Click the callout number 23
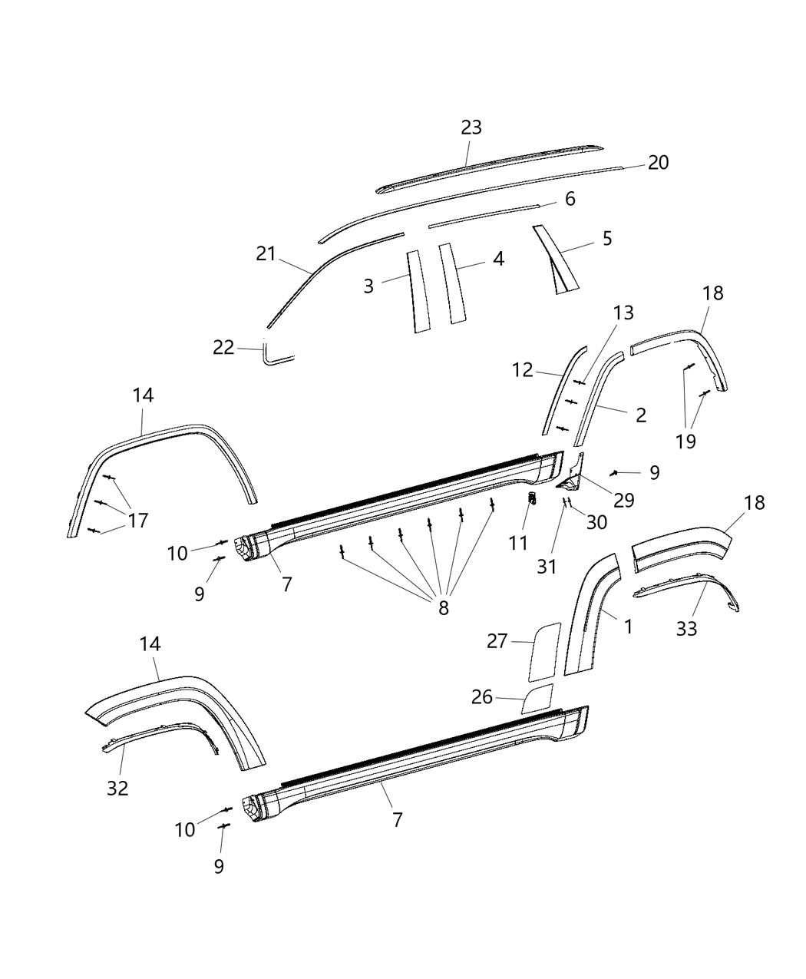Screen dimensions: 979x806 [x=471, y=127]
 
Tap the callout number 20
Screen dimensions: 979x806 [x=658, y=163]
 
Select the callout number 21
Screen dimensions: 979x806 [x=266, y=254]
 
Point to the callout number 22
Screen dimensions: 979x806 [x=223, y=348]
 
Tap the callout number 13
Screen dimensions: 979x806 [x=623, y=313]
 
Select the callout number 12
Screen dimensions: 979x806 [x=523, y=370]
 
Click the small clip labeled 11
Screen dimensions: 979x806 [x=531, y=499]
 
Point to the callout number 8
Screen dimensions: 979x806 [x=443, y=608]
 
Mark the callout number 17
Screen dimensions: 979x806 [x=137, y=521]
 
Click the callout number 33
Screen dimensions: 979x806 [x=686, y=629]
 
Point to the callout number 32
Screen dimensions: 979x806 [x=117, y=788]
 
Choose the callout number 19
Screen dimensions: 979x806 [x=685, y=441]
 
